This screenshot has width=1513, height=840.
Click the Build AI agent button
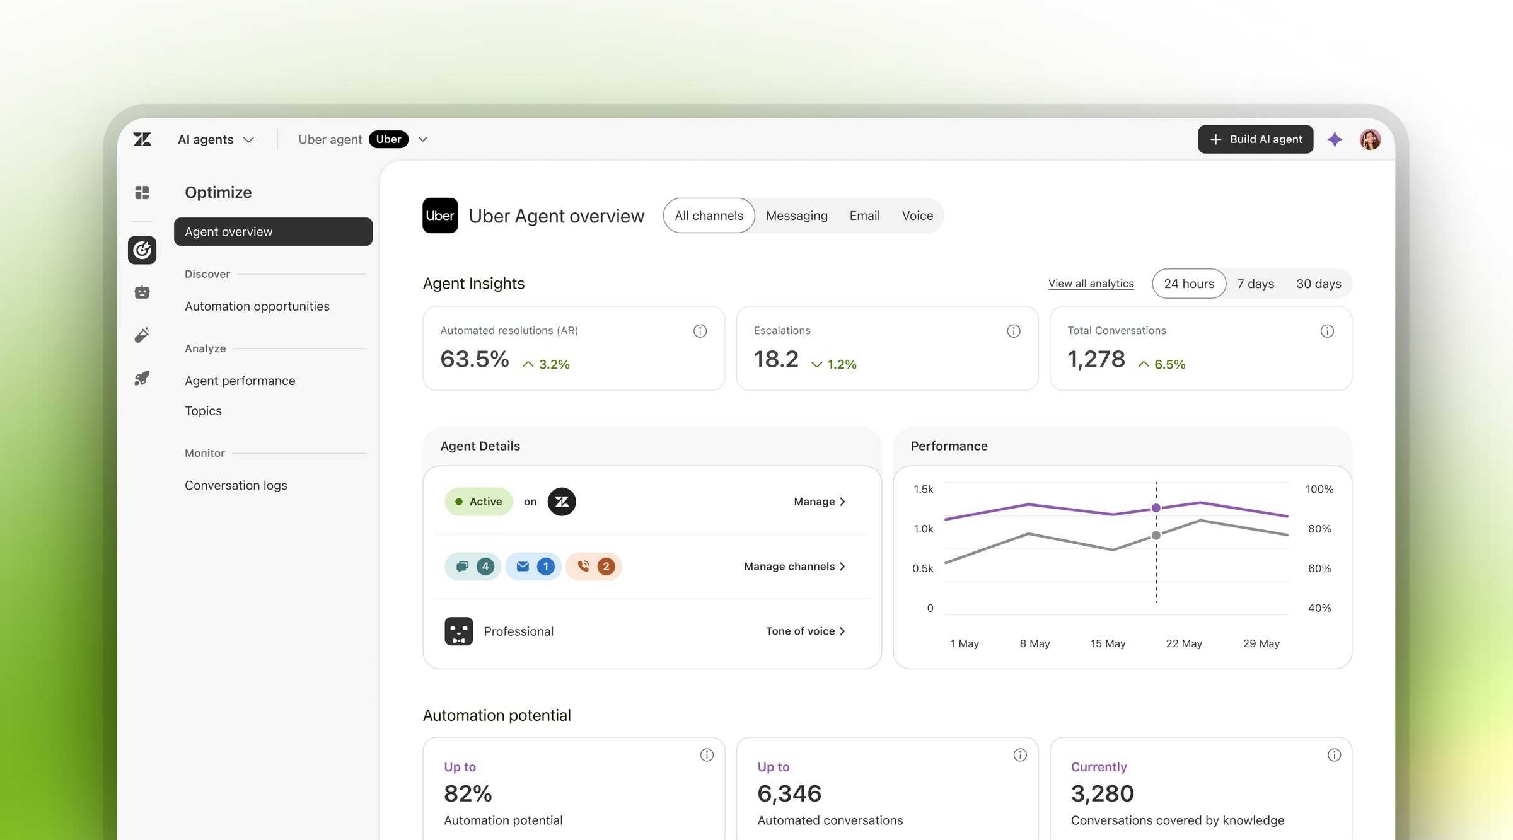[x=1255, y=139]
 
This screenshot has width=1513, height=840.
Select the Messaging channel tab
[x=796, y=216]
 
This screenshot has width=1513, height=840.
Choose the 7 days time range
[x=1255, y=284]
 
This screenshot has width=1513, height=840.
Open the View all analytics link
[x=1091, y=284]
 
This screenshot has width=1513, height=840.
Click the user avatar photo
[x=1370, y=139]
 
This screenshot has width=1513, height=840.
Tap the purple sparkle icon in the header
[x=1335, y=139]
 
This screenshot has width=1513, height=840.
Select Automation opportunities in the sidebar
[x=257, y=306]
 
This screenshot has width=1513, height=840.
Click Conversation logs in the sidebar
[x=236, y=485]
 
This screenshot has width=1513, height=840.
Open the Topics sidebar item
[x=203, y=411]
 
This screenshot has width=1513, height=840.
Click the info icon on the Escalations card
[x=1013, y=331]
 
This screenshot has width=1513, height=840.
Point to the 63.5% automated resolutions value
[x=474, y=359]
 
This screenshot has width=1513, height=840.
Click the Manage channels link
[x=794, y=567]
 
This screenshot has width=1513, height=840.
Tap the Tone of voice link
[x=805, y=631]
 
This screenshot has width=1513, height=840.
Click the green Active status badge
[x=478, y=502]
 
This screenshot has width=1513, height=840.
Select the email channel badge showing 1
[x=533, y=567]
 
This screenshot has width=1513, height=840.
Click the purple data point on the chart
[x=1156, y=508]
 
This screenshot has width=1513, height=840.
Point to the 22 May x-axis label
[x=1184, y=643]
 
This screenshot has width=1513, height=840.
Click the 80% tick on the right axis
[x=1319, y=529]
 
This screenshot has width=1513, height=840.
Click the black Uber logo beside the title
[x=440, y=216]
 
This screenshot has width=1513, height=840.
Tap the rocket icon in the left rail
[x=142, y=378]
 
